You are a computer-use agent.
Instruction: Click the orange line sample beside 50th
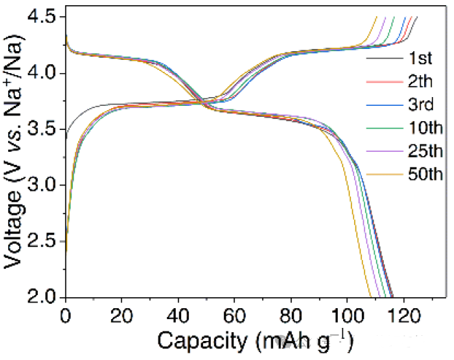pos(381,175)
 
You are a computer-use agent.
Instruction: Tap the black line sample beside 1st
pos(381,58)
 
